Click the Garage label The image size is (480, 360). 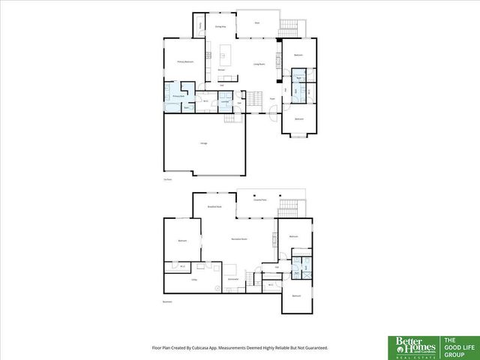203,143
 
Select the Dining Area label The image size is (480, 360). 221,26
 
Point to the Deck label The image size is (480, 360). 257,23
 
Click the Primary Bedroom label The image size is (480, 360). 185,61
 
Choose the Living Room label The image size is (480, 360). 259,64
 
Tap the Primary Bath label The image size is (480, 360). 178,97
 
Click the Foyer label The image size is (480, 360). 272,98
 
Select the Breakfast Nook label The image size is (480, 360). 214,205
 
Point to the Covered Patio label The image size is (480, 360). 259,201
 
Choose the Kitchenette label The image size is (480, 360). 232,278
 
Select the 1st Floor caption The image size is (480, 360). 167,179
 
